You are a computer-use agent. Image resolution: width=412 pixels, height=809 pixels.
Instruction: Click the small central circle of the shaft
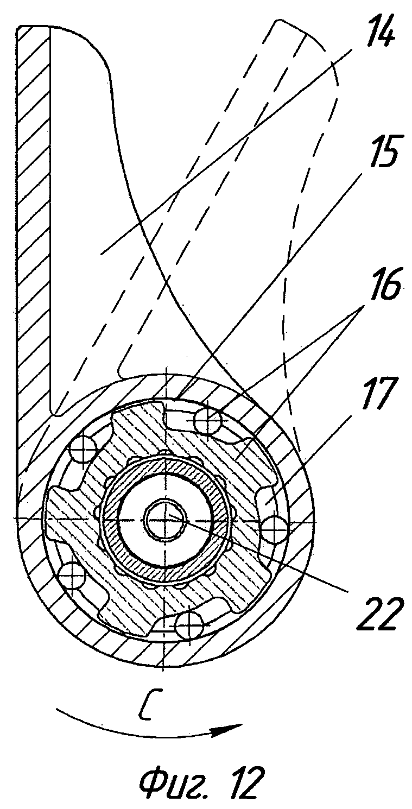[163, 520]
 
